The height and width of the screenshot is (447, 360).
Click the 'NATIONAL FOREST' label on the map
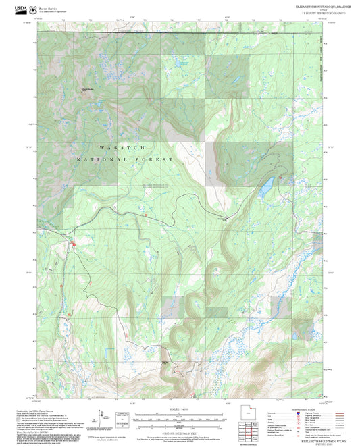tap(125, 160)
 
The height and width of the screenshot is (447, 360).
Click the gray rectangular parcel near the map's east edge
tap(278, 306)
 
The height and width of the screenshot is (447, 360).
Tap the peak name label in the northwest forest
tap(88, 90)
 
